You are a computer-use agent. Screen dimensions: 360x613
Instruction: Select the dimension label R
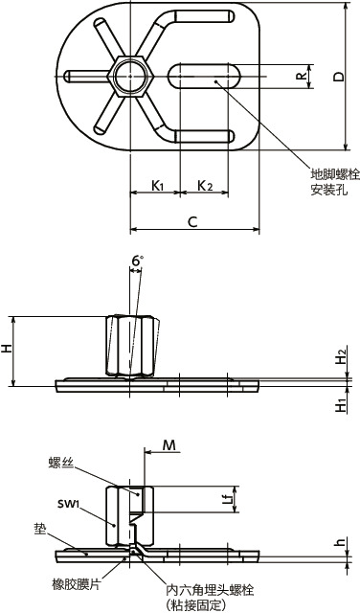click(301, 77)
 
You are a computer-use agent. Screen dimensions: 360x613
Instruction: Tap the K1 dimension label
click(157, 186)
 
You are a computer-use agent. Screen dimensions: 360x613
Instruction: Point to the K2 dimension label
click(205, 186)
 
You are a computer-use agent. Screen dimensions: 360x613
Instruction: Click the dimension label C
click(191, 222)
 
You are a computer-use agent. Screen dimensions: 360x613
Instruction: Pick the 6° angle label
click(137, 261)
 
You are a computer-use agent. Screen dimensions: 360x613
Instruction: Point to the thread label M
click(169, 444)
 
